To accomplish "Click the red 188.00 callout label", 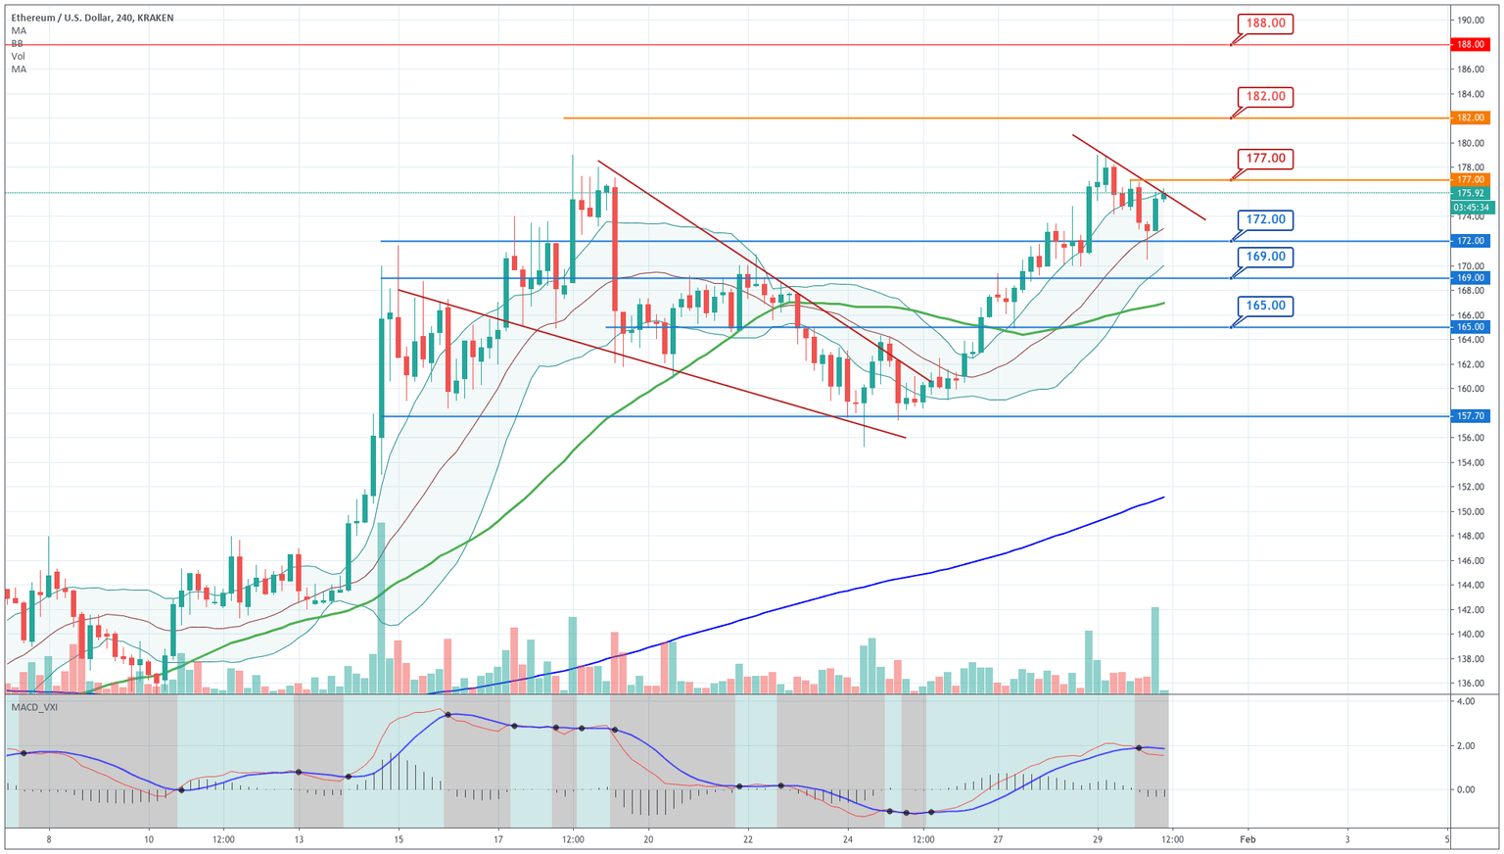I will click(x=1265, y=23).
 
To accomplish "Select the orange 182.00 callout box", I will click(x=1265, y=96).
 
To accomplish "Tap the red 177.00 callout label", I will click(x=1265, y=158).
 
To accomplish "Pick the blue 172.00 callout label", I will click(x=1265, y=219).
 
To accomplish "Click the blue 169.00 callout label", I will click(x=1265, y=257).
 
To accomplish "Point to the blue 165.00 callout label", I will click(x=1265, y=306).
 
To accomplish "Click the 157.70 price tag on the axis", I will click(x=1471, y=416).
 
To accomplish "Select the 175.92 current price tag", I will click(x=1471, y=193).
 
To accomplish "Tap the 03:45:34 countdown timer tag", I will click(x=1471, y=208).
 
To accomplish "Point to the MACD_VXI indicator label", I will click(x=34, y=707).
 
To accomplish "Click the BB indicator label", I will click(x=18, y=44).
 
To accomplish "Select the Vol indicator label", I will click(x=19, y=57).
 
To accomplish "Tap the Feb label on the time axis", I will click(x=1246, y=839).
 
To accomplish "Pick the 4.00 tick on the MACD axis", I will click(x=1466, y=702).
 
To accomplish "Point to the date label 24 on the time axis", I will click(x=848, y=839).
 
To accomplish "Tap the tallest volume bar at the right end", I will click(x=1155, y=650).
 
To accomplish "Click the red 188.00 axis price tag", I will click(x=1471, y=45).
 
